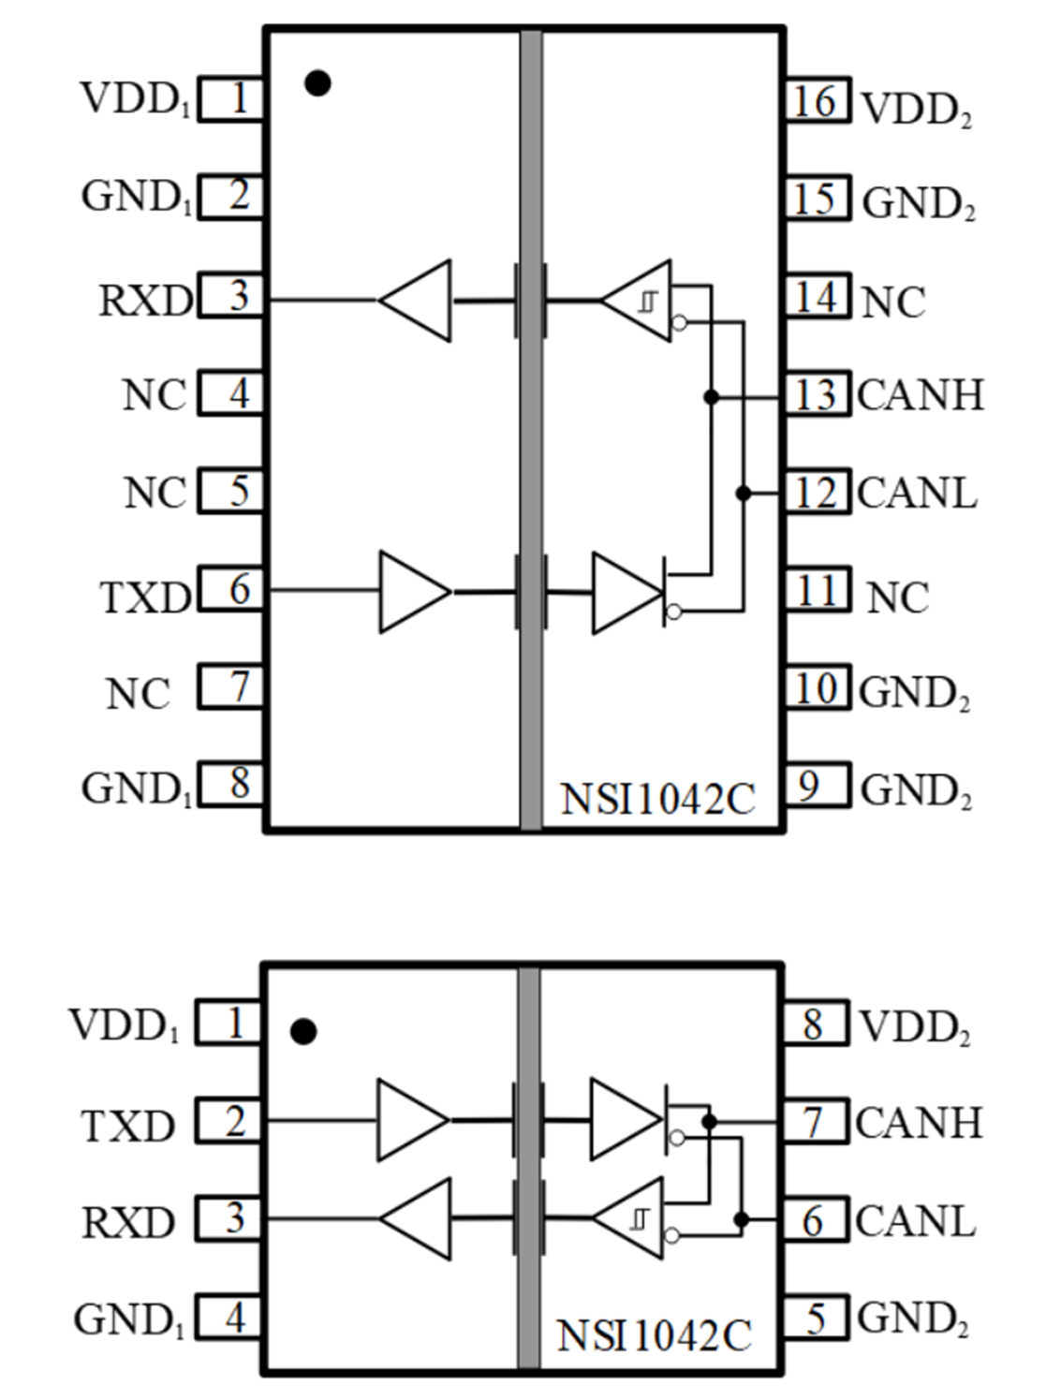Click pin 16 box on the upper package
click(x=817, y=100)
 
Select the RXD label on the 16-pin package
click(x=145, y=301)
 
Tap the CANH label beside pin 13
click(x=920, y=395)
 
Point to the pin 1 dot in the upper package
click(x=317, y=84)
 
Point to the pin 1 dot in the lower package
click(x=303, y=1032)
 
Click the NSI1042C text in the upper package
click(x=656, y=799)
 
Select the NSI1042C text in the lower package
click(x=654, y=1334)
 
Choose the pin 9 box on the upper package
click(x=817, y=786)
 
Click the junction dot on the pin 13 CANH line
click(x=711, y=397)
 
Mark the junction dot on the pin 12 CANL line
click(x=744, y=494)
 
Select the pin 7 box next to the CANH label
click(x=814, y=1122)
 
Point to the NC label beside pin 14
click(x=892, y=302)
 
